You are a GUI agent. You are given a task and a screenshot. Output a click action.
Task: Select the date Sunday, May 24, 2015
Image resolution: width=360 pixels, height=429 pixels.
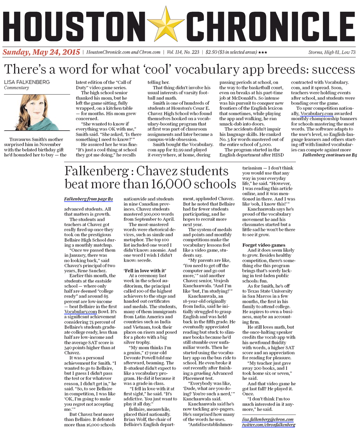41,52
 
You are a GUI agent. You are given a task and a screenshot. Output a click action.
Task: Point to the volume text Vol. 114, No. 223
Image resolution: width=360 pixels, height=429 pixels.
183,53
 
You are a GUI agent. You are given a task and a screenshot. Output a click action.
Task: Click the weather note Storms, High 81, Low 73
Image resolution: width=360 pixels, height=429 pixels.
332,53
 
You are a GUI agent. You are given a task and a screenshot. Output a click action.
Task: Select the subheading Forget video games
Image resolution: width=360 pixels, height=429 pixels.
263,245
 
